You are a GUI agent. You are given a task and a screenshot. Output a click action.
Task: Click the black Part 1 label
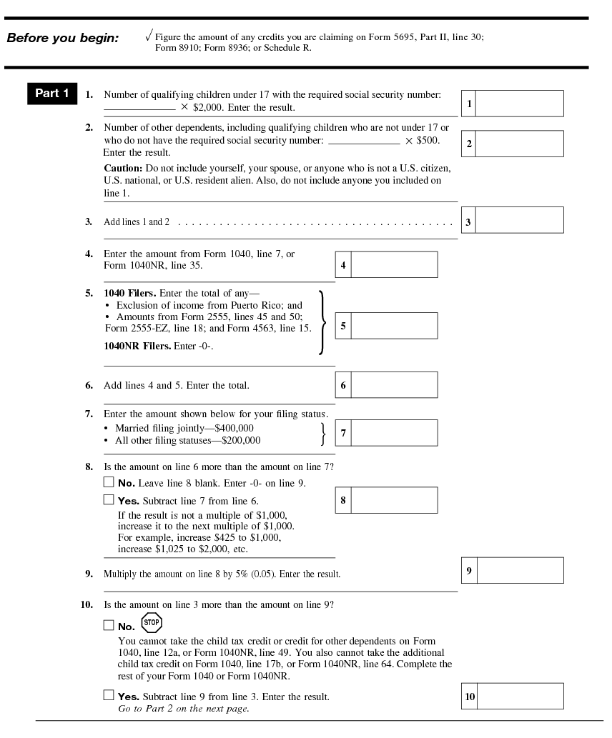(x=52, y=94)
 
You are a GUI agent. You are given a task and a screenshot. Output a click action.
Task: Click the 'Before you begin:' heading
(x=62, y=38)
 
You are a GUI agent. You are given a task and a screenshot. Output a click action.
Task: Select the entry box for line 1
(x=519, y=104)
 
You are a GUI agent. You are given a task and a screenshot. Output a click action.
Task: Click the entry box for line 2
(x=519, y=144)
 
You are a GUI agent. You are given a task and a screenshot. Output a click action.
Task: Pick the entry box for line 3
(x=519, y=220)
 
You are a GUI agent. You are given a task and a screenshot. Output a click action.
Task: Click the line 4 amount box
(x=394, y=264)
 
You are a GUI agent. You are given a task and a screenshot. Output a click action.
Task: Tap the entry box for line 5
(x=394, y=326)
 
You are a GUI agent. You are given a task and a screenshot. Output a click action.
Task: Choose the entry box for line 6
(x=394, y=385)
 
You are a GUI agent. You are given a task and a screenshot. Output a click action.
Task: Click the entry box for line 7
(x=394, y=433)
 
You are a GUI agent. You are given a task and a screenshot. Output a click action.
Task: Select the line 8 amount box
(x=394, y=500)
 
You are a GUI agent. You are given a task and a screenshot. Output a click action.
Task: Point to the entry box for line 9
(x=519, y=570)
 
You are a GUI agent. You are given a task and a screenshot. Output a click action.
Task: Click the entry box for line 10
(x=519, y=696)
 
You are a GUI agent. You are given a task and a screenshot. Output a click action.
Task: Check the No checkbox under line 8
(x=109, y=482)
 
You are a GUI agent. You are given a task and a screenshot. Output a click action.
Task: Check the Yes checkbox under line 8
(x=109, y=500)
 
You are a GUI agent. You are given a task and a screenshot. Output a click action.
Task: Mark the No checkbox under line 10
(x=109, y=626)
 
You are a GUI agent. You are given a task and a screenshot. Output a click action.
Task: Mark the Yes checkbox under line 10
(x=109, y=695)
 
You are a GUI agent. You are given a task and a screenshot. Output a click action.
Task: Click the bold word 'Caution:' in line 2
(x=124, y=167)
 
